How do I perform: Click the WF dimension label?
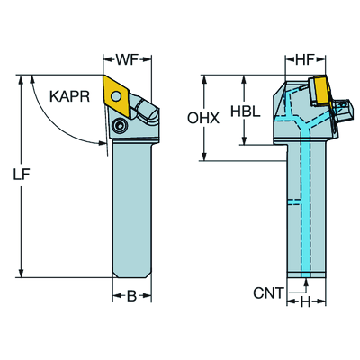point(127,60)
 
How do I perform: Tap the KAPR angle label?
point(69,96)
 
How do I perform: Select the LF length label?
point(22,175)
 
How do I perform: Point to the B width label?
point(131,296)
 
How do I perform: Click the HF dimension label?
point(304,60)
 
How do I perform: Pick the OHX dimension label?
point(203,119)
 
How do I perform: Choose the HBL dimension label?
point(245,112)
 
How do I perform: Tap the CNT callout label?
point(268,292)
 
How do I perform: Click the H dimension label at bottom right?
point(305,302)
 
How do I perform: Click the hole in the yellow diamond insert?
point(116,96)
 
